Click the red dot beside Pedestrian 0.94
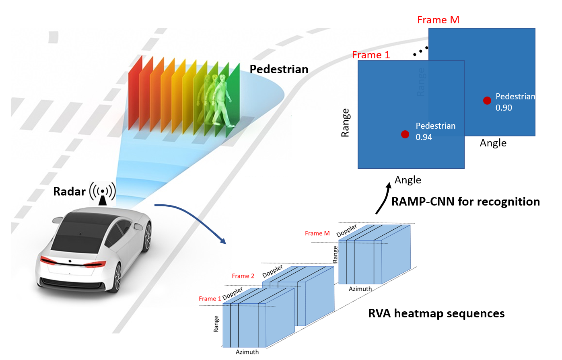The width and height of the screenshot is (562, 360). point(405,134)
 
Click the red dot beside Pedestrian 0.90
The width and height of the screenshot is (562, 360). point(487,101)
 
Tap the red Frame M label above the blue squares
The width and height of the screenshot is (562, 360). point(438,20)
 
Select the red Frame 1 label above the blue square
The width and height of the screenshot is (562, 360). point(371,55)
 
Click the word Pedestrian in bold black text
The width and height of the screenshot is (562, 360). point(279,69)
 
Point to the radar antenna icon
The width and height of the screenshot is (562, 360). point(103,193)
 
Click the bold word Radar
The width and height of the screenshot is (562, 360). point(69,191)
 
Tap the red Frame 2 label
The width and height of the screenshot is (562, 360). point(243,276)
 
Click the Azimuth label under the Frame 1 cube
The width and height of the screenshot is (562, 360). point(247,352)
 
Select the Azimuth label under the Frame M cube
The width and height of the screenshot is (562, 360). point(360,289)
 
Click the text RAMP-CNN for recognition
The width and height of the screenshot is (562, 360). point(465,202)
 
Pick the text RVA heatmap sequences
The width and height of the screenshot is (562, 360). point(436,313)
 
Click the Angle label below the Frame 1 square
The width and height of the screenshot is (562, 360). point(408,180)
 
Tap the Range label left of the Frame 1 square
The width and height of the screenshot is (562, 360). point(345,123)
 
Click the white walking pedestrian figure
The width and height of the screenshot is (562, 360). point(222,101)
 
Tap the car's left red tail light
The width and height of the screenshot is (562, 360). point(48,261)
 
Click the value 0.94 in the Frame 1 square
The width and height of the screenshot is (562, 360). point(424,137)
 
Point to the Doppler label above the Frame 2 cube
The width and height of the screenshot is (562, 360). point(272,271)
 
